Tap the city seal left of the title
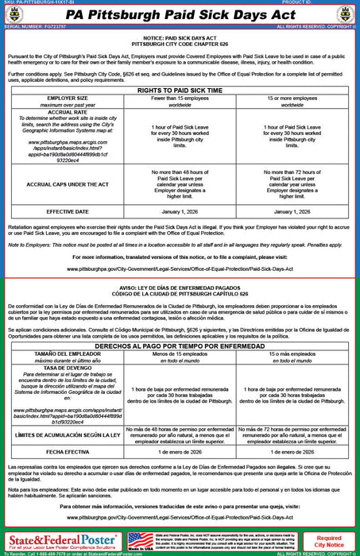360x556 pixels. click(x=15, y=15)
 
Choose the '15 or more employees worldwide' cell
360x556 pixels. click(x=292, y=101)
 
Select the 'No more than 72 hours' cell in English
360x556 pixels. click(x=292, y=184)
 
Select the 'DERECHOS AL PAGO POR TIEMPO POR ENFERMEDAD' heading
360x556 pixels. click(x=179, y=346)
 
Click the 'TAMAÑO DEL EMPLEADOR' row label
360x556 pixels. click(x=56, y=354)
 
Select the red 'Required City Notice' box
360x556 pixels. click(x=329, y=542)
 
